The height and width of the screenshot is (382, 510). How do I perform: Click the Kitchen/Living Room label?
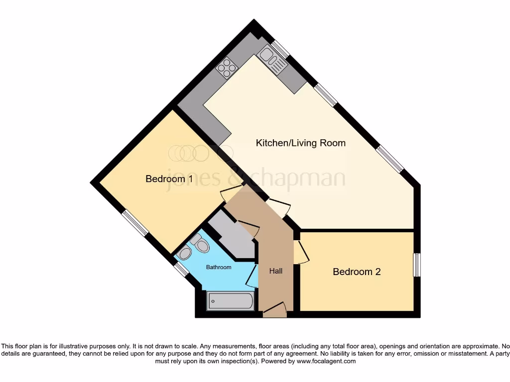(x=300, y=143)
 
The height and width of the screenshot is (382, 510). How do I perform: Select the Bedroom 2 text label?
(x=357, y=272)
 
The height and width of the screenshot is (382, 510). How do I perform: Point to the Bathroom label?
(x=219, y=268)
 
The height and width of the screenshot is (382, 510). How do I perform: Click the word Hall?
(x=276, y=271)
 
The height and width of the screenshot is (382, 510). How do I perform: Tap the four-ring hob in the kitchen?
(x=226, y=68)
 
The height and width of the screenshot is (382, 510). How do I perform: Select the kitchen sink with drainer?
(x=273, y=60)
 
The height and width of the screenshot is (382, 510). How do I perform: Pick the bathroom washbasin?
(x=185, y=254)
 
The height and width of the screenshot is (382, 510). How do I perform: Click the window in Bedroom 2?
(x=417, y=265)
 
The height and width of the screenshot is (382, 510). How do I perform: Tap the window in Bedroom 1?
(x=135, y=222)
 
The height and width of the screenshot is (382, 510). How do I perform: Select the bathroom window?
(x=181, y=270)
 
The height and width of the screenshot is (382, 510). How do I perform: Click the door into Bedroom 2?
(x=300, y=252)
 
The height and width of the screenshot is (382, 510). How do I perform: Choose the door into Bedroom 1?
(x=230, y=194)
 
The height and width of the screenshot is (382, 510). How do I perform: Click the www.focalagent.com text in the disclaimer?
(x=326, y=361)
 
